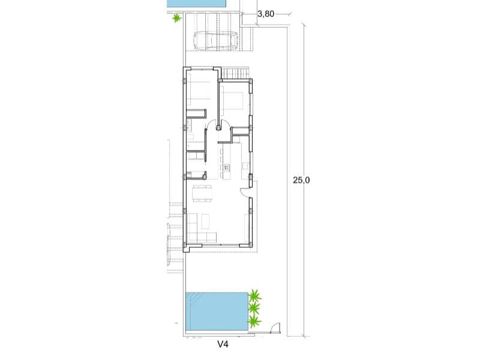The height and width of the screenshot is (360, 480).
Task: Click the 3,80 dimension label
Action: point(265,13)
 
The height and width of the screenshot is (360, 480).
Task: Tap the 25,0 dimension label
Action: point(301,179)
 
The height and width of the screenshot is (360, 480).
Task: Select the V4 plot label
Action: point(223,344)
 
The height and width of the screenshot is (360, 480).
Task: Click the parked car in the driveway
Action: point(215,41)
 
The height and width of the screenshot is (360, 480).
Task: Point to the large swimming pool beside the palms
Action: point(217,311)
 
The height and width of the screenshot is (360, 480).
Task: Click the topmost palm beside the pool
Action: point(255,296)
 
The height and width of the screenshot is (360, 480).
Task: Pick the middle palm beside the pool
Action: point(254,309)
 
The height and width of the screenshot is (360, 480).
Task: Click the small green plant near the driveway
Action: point(176,19)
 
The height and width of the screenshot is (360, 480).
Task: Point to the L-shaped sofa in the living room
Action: point(198,230)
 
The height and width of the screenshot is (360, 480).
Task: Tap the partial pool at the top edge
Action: point(196,4)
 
